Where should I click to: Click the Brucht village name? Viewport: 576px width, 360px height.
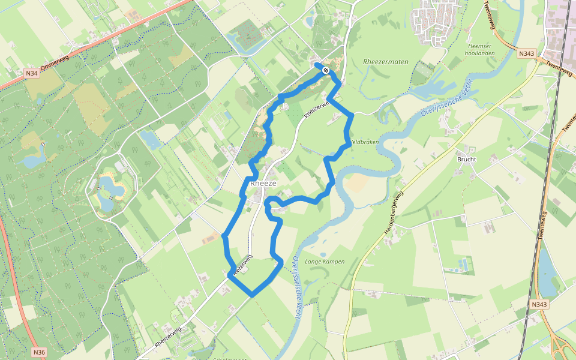click(x=466, y=160)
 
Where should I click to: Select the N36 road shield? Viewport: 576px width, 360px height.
click(x=39, y=352)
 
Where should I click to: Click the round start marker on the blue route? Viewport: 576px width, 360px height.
click(x=325, y=71)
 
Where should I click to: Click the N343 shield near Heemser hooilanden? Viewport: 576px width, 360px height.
click(x=527, y=53)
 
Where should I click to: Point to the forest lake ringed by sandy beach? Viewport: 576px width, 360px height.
click(x=112, y=190)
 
